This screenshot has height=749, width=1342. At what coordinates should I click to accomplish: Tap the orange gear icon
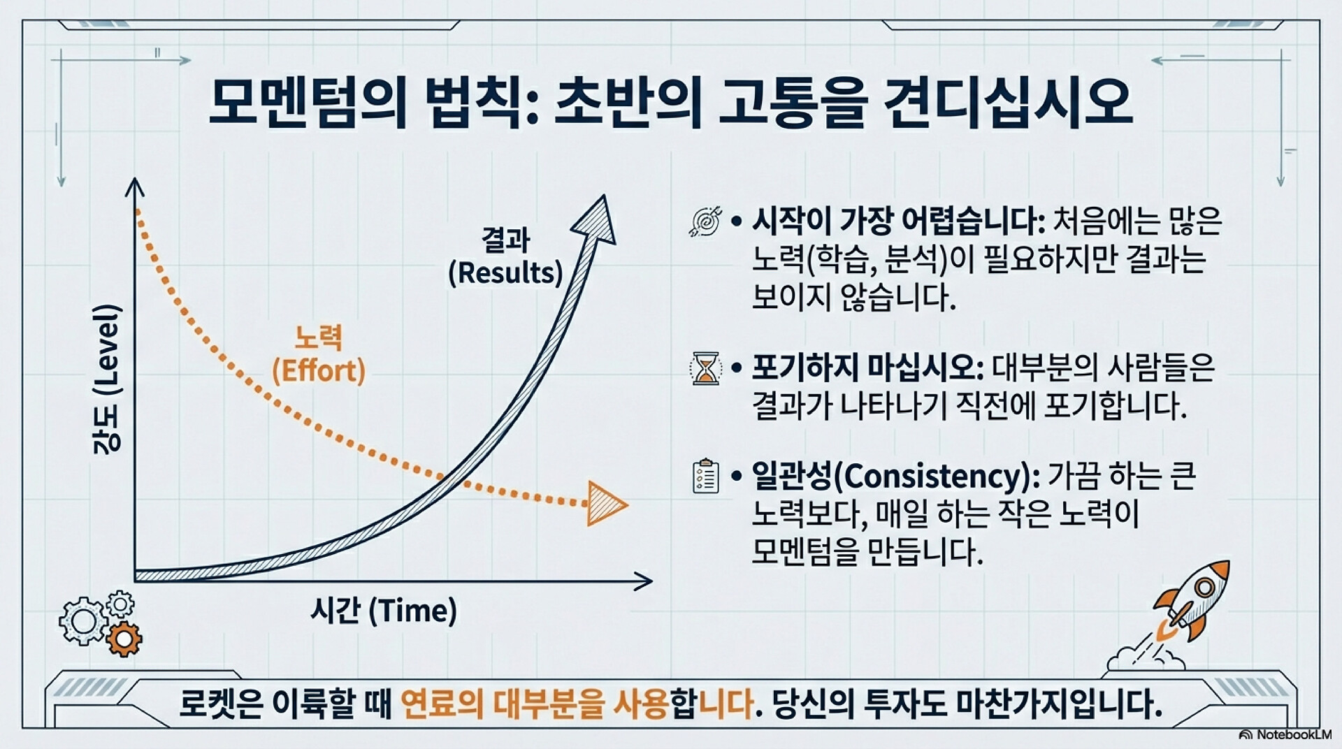pos(124,639)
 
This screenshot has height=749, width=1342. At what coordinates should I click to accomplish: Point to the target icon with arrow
pos(705,221)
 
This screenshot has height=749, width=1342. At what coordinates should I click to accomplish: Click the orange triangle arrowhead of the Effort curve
pos(605,503)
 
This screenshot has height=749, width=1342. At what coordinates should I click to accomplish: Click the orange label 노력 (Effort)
pos(319,354)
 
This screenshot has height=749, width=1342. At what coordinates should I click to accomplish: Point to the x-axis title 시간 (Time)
pos(384,611)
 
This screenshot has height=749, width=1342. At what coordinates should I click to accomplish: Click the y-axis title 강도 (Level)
pos(106,379)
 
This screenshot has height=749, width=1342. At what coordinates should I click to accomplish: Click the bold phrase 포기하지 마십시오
pos(864,368)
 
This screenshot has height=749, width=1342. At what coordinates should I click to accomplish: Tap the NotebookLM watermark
pos(1285,734)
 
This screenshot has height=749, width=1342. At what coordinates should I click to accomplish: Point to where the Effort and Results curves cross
pos(445,479)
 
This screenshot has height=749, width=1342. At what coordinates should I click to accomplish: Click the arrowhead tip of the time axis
pos(652,580)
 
